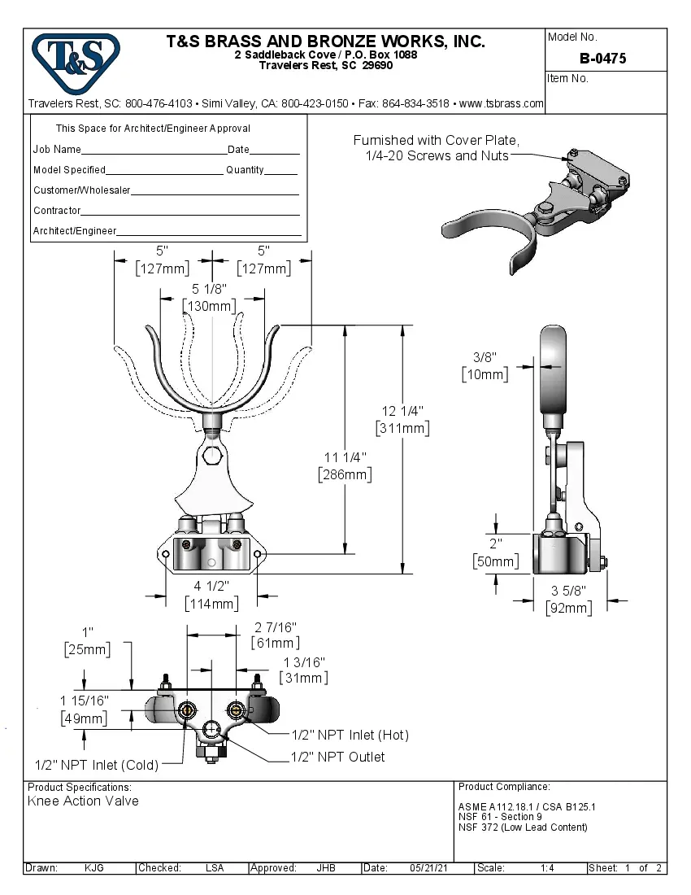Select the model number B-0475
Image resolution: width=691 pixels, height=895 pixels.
602,59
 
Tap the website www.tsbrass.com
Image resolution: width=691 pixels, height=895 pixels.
501,104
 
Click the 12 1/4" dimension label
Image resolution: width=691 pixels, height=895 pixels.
402,411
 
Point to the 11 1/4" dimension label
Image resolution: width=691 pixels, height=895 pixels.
345,456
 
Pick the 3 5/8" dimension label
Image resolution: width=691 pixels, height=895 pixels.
568,591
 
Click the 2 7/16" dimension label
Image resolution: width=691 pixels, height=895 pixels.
275,626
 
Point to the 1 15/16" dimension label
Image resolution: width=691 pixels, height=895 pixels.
84,701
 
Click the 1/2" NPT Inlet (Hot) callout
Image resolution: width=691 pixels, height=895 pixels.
350,735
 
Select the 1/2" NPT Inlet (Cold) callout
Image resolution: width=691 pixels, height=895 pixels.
97,765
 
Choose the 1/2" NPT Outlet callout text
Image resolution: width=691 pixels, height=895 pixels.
338,757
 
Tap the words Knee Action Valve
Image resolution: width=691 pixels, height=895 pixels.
83,801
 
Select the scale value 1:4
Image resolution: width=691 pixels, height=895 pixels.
547,868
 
